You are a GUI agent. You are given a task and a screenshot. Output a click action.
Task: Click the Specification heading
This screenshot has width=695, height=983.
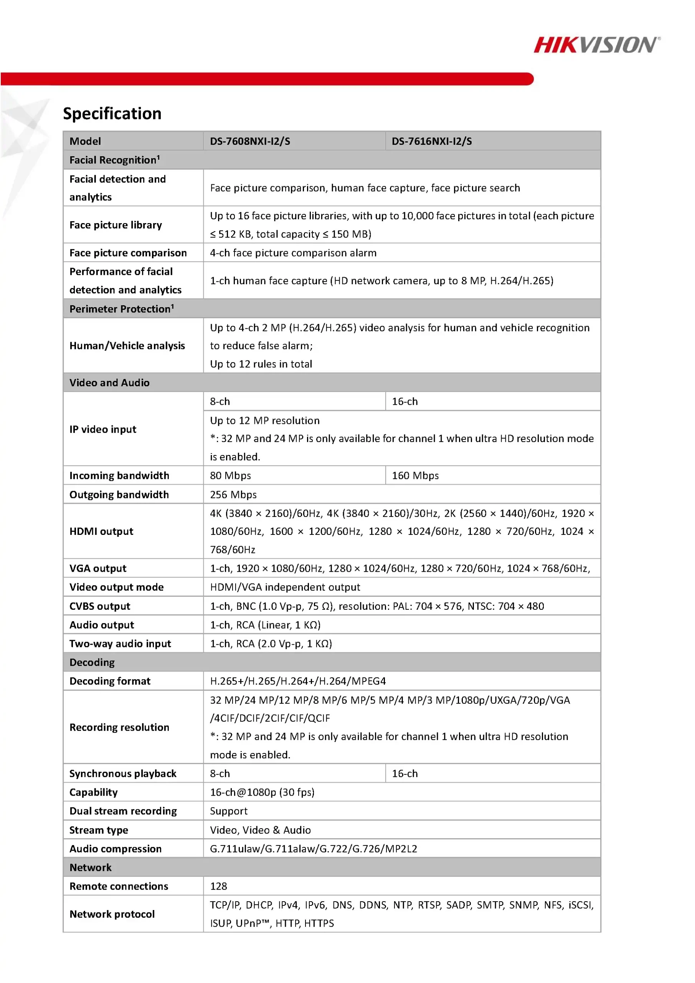112,113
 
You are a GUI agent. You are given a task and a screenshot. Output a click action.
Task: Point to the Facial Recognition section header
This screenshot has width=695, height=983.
115,160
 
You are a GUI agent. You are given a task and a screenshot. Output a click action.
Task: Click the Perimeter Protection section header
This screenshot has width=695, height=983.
122,309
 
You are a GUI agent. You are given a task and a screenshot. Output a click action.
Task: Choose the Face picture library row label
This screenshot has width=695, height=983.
116,225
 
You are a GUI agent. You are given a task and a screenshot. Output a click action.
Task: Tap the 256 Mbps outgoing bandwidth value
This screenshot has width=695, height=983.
233,495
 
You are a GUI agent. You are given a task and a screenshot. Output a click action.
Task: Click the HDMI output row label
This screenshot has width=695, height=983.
101,531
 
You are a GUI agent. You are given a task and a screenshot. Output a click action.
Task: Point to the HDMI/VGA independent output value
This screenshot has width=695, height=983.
285,587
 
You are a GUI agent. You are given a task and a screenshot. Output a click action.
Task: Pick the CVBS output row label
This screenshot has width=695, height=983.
100,606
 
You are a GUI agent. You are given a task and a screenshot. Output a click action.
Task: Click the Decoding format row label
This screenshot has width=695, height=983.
110,681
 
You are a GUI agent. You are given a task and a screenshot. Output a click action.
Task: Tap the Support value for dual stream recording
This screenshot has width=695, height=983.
228,811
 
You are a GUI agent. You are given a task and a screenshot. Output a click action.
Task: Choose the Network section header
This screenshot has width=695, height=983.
90,867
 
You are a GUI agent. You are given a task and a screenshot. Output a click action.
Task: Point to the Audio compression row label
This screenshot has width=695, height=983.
116,849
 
